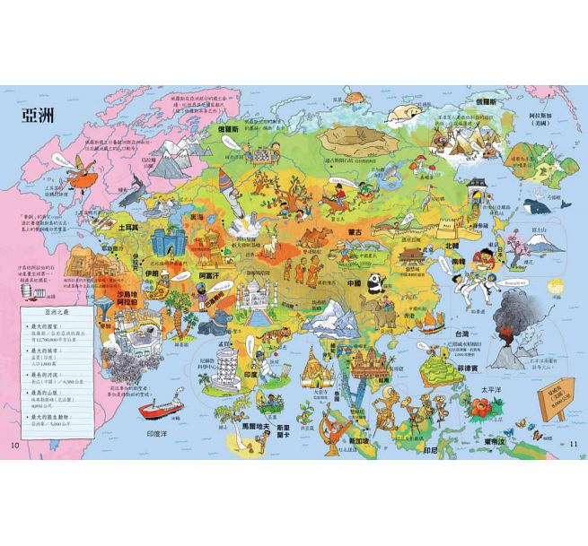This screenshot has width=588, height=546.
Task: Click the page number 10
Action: tap(13, 446)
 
